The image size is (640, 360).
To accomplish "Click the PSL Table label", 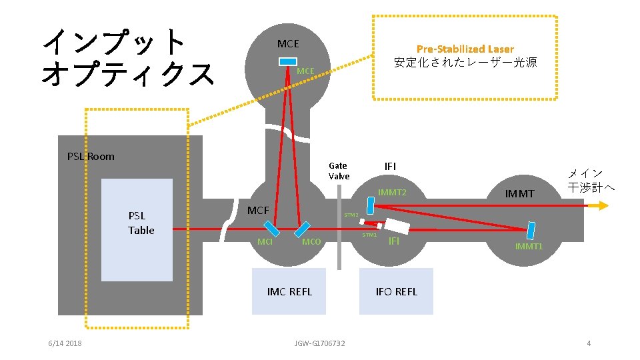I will click(x=141, y=223).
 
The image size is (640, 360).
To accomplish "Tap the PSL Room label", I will click(x=91, y=157).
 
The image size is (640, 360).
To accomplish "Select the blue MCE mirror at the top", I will click(x=288, y=62).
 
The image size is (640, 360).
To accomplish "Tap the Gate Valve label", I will click(x=338, y=171).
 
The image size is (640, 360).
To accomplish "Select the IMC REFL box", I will click(x=289, y=291).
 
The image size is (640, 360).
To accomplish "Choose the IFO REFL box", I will click(x=396, y=291).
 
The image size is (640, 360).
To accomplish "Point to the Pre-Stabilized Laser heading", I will click(x=465, y=49).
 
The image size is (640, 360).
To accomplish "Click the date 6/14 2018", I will click(x=65, y=343).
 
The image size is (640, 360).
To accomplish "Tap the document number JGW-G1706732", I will click(x=319, y=343).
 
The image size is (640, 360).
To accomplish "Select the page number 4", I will click(x=588, y=343).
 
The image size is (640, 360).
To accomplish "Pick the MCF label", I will click(x=258, y=211).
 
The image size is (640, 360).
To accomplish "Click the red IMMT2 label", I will click(x=392, y=193).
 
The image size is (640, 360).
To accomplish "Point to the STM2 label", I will click(x=351, y=215).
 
